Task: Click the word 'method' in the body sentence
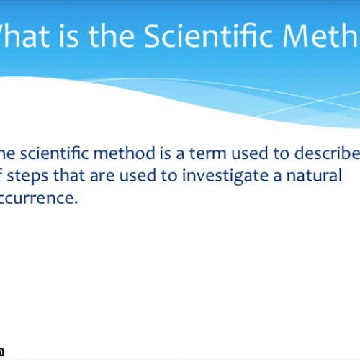tap(121, 153)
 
